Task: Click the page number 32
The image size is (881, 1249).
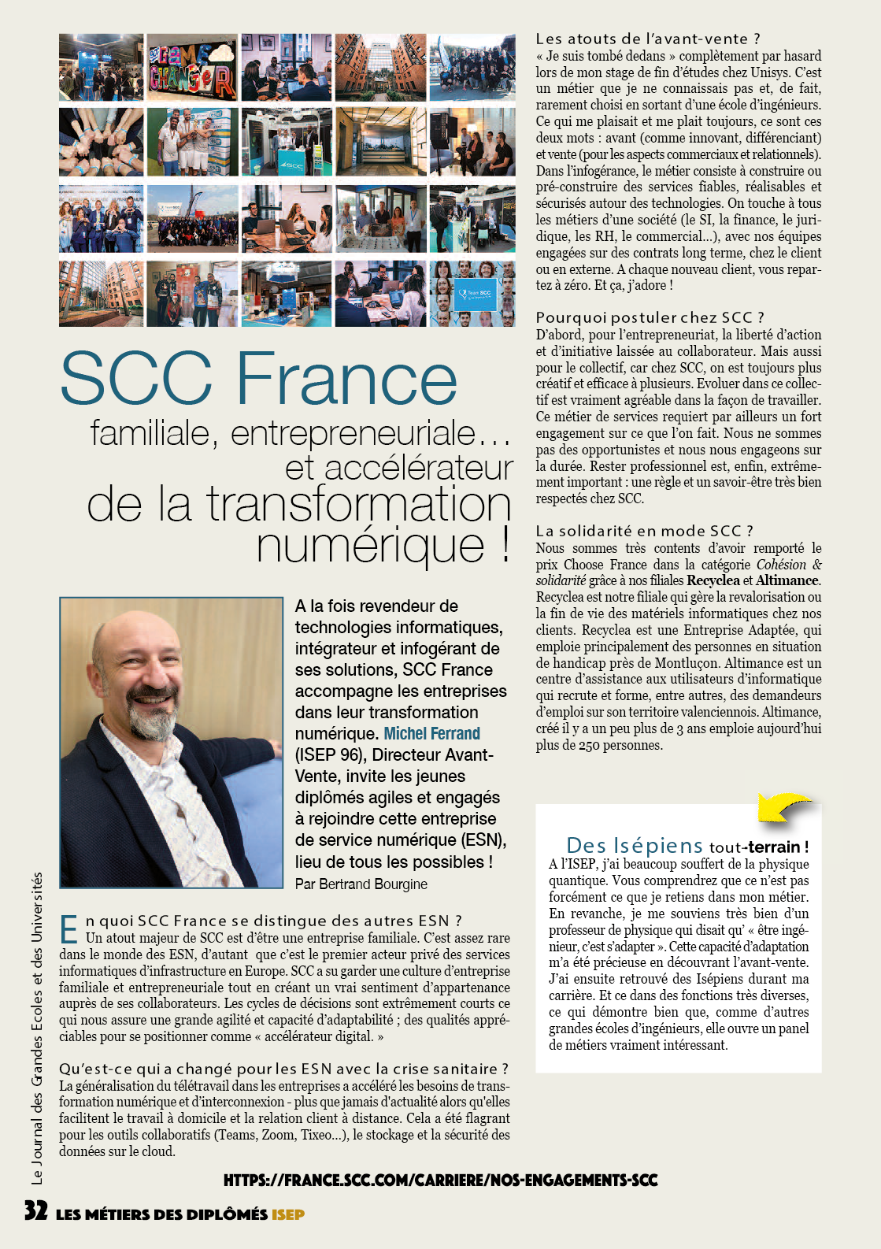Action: click(35, 1210)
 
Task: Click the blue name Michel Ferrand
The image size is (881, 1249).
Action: click(431, 734)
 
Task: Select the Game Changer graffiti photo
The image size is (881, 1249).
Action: click(192, 67)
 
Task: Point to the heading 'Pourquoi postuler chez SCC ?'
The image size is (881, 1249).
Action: click(650, 317)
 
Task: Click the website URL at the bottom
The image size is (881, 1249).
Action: click(440, 1180)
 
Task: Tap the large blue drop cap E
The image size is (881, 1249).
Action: click(69, 929)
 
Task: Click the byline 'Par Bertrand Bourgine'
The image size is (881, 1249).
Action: click(361, 884)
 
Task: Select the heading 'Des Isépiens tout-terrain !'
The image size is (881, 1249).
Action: click(687, 846)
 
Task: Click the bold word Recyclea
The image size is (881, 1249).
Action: click(713, 580)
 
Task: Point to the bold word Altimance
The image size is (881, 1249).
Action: click(787, 580)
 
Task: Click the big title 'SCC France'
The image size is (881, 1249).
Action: click(258, 379)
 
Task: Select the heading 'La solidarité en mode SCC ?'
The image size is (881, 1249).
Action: click(644, 531)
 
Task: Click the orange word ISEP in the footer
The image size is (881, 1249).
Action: click(288, 1214)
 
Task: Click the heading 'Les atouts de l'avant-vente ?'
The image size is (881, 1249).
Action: click(647, 39)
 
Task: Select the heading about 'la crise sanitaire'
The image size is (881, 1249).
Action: click(283, 1069)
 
